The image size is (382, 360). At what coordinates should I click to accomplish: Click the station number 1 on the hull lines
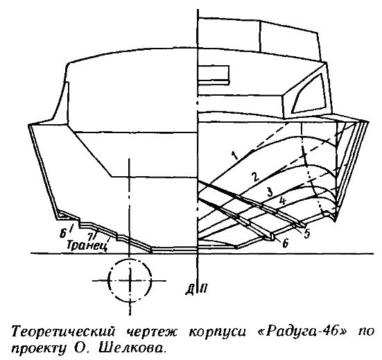pyautogui.click(x=234, y=155)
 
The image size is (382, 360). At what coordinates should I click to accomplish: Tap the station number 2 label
pyautogui.click(x=255, y=176)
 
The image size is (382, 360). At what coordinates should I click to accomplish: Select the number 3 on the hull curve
pyautogui.click(x=270, y=192)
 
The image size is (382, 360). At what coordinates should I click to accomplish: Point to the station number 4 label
pyautogui.click(x=282, y=201)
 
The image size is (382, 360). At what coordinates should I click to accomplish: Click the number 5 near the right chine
pyautogui.click(x=306, y=233)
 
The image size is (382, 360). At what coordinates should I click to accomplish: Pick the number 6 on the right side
pyautogui.click(x=285, y=243)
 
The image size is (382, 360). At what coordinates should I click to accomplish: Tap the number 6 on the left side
pyautogui.click(x=63, y=234)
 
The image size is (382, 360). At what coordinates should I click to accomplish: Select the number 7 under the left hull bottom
pyautogui.click(x=91, y=235)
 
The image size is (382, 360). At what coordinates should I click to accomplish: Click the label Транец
pyautogui.click(x=87, y=246)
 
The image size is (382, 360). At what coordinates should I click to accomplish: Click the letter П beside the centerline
pyautogui.click(x=204, y=288)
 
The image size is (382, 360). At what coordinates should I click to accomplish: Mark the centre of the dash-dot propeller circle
pyautogui.click(x=130, y=280)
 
